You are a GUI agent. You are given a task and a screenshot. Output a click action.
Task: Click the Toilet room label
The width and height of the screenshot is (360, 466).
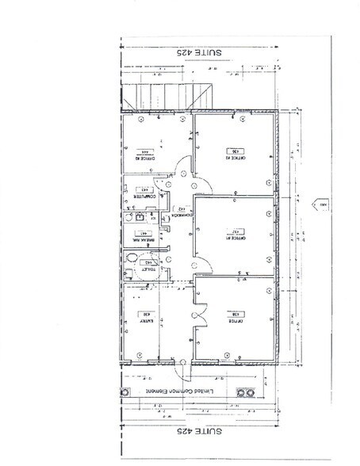click(149, 268)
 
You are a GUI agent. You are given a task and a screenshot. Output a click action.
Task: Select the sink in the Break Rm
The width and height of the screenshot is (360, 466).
click(138, 216)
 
